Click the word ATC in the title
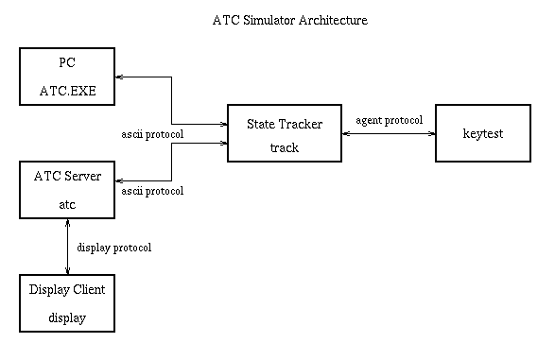pos(227,19)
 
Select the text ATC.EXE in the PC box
pos(65,92)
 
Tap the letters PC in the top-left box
pos(66,62)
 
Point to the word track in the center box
pos(284,147)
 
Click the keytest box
pos(482,134)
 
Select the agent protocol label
pos(388,121)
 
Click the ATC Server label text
pos(66,176)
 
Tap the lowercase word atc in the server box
pos(67,204)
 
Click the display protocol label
pos(113,248)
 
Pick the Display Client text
pos(67,289)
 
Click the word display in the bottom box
pos(66,317)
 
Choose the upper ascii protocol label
pos(153,134)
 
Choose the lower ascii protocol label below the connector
pos(153,191)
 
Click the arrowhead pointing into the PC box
pos(119,77)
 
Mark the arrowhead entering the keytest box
pos(431,134)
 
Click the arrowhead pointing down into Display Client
pos(67,271)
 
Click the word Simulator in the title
pos(271,19)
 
